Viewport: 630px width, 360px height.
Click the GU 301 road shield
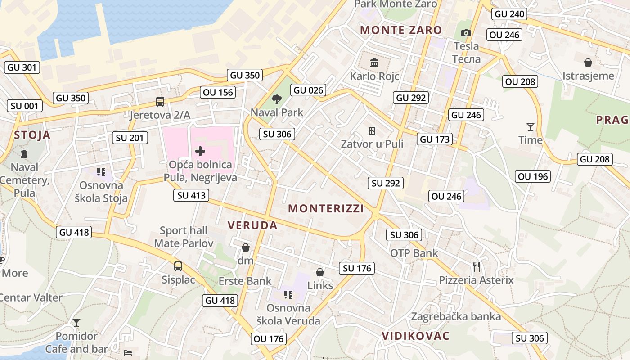coord(22,68)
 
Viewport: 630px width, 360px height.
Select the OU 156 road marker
coord(218,92)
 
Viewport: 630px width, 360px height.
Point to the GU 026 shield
coord(308,90)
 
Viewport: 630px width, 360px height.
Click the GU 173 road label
coord(435,139)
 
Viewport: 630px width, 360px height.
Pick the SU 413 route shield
coord(192,195)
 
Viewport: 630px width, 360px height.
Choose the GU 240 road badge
coord(509,14)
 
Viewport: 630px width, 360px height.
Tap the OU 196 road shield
coord(533,177)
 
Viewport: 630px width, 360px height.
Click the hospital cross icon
coord(200,151)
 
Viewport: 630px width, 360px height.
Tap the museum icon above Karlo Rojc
coord(374,63)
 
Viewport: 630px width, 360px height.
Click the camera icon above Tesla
coord(466,33)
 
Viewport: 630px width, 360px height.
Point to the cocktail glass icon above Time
coord(531,127)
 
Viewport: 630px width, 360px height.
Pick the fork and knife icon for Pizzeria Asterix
coord(477,267)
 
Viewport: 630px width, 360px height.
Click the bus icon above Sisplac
coord(178,266)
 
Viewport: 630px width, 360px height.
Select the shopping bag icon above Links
coord(320,272)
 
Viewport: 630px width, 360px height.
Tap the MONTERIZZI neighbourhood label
coord(326,209)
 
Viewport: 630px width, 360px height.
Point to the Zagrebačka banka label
coord(456,316)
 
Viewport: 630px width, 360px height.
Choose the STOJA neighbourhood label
coord(32,135)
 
